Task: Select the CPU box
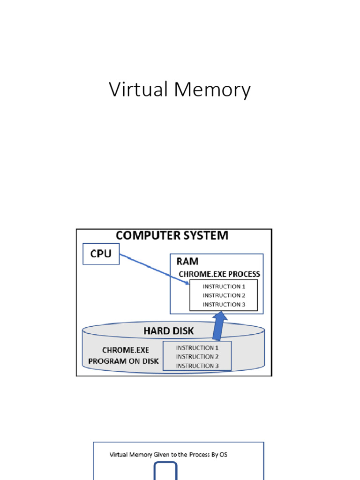tap(101, 254)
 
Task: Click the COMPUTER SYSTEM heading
tap(172, 235)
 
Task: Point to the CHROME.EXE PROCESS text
tap(219, 274)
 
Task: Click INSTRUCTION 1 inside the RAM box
tap(224, 286)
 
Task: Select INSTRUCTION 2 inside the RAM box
tap(224, 295)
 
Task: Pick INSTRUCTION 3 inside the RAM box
tap(224, 304)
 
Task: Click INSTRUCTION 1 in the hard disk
tap(197, 348)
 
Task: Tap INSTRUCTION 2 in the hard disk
tap(197, 357)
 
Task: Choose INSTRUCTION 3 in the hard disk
tap(197, 366)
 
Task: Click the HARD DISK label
tap(168, 331)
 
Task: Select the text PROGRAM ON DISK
tap(124, 361)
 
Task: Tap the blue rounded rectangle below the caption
tap(166, 471)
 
